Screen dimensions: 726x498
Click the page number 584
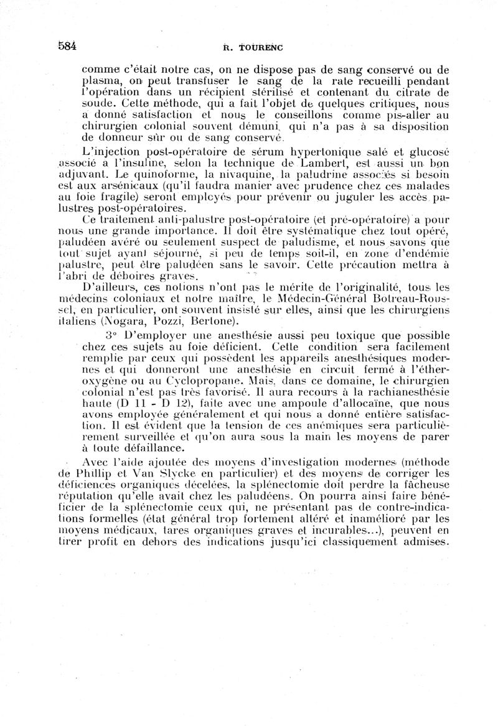point(67,45)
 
